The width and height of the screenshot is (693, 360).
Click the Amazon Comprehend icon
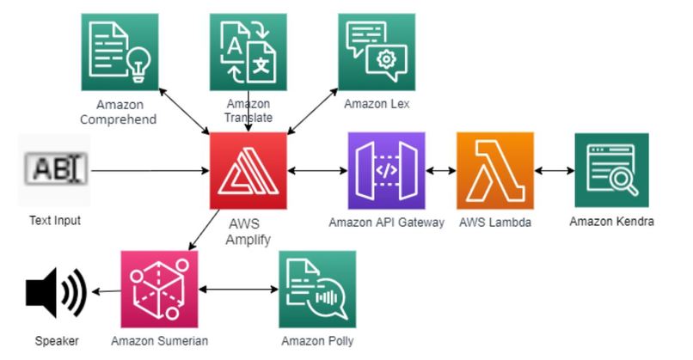120,52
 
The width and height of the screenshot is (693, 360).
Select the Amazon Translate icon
248,52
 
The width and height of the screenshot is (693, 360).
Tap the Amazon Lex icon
377,52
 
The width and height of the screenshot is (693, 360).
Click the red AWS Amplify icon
248,170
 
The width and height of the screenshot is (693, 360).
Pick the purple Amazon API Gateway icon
387,170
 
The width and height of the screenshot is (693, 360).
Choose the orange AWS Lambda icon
495,170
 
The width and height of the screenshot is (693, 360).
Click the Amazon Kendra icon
611,170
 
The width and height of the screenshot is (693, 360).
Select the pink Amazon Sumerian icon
160,290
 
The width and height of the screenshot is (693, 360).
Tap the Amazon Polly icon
317,290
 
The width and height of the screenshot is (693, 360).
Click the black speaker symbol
56,292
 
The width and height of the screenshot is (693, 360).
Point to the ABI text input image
56,168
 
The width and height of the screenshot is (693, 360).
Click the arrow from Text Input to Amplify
150,170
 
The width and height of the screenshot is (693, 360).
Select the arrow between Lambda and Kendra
555,170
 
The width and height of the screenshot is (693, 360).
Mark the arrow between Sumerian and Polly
239,290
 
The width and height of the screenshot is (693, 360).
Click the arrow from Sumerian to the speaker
106,291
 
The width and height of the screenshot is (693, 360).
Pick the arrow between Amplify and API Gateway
317,170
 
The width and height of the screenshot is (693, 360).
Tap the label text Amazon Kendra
611,222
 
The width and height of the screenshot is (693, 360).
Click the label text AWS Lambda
495,223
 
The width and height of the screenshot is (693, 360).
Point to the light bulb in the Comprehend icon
138,65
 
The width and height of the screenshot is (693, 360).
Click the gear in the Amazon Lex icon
386,59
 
